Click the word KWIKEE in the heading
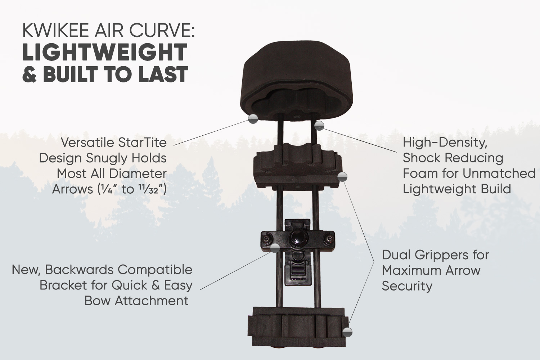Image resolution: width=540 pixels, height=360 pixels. pyautogui.click(x=56, y=31)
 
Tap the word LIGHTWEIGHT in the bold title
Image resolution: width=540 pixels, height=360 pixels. pyautogui.click(x=105, y=52)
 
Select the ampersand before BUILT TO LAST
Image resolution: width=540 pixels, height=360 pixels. pyautogui.click(x=29, y=74)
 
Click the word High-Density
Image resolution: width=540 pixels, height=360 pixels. pyautogui.click(x=445, y=143)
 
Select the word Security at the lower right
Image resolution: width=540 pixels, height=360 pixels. pyautogui.click(x=407, y=287)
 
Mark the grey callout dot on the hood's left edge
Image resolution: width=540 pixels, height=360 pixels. pyautogui.click(x=253, y=118)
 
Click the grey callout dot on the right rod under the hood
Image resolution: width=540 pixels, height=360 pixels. pyautogui.click(x=319, y=125)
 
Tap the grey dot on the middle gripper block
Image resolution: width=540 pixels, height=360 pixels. pyautogui.click(x=342, y=177)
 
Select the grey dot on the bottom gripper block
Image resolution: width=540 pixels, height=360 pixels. pyautogui.click(x=347, y=332)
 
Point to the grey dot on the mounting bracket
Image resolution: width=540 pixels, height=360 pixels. pyautogui.click(x=275, y=248)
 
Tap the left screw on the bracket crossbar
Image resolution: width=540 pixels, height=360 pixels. pyautogui.click(x=266, y=239)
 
